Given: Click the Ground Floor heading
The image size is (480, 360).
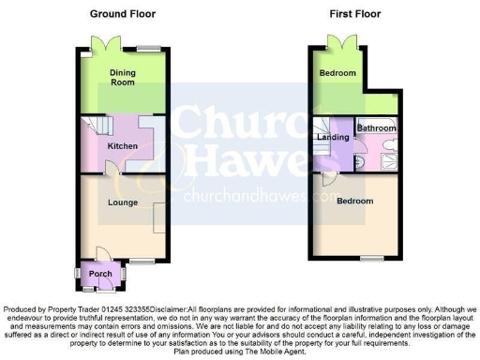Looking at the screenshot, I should point(123,14).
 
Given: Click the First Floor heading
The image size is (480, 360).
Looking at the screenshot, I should point(352,14).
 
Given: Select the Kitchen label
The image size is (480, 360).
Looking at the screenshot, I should point(123,146).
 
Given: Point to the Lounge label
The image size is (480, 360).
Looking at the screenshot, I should point(123,202).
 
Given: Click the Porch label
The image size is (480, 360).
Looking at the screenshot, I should point(100,274).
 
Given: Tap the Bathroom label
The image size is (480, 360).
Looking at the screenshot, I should point(377,127).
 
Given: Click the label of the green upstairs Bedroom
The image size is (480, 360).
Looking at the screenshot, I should point(337,73).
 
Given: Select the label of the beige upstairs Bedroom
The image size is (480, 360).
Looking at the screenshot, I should point(354,202).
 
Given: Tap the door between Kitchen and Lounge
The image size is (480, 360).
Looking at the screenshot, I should point(112,169).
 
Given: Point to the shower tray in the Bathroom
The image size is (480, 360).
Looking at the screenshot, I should point(385,157).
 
